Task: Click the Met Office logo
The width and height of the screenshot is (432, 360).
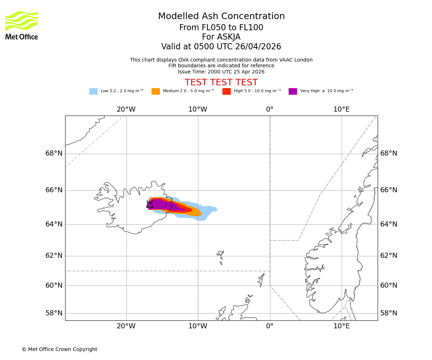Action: pyautogui.click(x=22, y=25)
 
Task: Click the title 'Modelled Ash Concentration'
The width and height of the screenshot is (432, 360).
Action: pyautogui.click(x=221, y=17)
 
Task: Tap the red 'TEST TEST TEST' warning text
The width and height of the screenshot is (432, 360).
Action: pyautogui.click(x=221, y=83)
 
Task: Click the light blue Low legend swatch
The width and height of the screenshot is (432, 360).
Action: pyautogui.click(x=93, y=91)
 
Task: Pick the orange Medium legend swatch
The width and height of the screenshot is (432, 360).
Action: pyautogui.click(x=156, y=91)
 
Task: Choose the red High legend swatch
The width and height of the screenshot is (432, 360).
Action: pyautogui.click(x=226, y=91)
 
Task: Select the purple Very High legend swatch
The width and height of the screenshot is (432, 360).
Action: pyautogui.click(x=293, y=91)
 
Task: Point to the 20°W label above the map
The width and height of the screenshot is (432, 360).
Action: pyautogui.click(x=126, y=109)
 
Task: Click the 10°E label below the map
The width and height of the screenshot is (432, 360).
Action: pyautogui.click(x=341, y=327)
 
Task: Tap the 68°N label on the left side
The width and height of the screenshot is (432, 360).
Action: pyautogui.click(x=54, y=154)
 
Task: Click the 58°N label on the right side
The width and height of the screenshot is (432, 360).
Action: pyautogui.click(x=389, y=313)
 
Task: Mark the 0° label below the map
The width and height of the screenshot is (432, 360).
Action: pyautogui.click(x=270, y=327)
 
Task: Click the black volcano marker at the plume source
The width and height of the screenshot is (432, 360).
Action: pyautogui.click(x=149, y=204)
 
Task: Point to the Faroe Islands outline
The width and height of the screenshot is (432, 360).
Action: pyautogui.click(x=220, y=256)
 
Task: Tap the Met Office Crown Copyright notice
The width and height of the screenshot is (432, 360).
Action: pyautogui.click(x=59, y=350)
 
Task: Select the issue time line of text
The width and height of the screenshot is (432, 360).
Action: pyautogui.click(x=221, y=72)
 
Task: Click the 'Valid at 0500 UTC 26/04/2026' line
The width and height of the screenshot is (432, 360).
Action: pyautogui.click(x=221, y=47)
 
